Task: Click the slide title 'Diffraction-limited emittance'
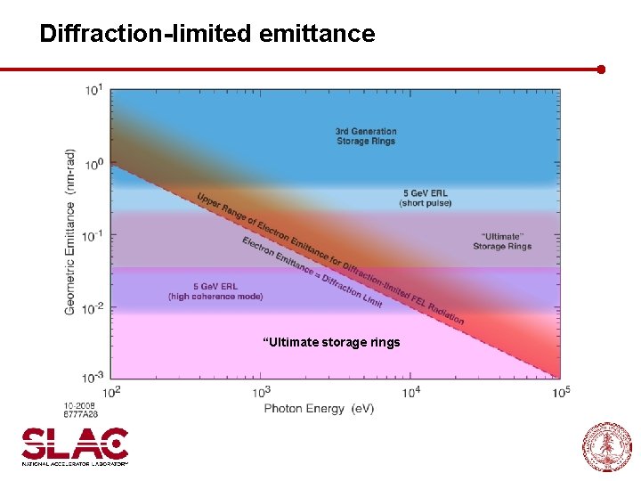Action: (x=207, y=35)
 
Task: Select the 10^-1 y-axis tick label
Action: (x=93, y=236)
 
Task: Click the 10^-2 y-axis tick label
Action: (x=93, y=307)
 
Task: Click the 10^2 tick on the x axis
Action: (x=111, y=391)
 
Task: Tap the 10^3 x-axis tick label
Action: (x=262, y=391)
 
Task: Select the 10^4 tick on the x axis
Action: (x=411, y=391)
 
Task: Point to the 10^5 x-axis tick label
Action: (x=560, y=391)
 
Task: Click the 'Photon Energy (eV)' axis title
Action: (x=319, y=408)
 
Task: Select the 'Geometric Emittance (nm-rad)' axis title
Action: (x=70, y=233)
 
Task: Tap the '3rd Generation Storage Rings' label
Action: (x=366, y=136)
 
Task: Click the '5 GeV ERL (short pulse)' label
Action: (x=425, y=198)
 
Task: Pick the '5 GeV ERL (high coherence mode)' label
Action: (x=215, y=291)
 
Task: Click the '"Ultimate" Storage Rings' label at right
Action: (x=502, y=241)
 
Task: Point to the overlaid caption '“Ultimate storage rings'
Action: (x=331, y=342)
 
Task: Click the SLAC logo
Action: (x=76, y=445)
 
